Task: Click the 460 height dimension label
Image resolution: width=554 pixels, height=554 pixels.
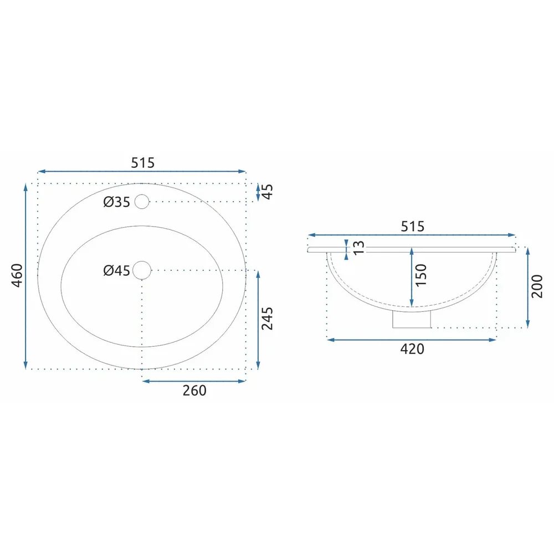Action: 17,275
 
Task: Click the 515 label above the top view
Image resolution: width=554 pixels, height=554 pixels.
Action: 143,162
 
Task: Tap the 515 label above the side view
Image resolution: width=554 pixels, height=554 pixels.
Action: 412,226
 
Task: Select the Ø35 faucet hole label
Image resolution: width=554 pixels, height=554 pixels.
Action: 116,202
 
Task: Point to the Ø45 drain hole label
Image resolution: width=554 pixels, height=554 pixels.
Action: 116,271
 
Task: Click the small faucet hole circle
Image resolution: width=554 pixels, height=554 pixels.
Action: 142,202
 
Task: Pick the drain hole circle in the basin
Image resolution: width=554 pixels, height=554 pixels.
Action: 142,270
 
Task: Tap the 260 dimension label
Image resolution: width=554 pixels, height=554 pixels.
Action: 194,391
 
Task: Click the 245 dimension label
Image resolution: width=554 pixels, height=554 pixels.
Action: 267,319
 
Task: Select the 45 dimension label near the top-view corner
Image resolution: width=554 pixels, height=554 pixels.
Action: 268,192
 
